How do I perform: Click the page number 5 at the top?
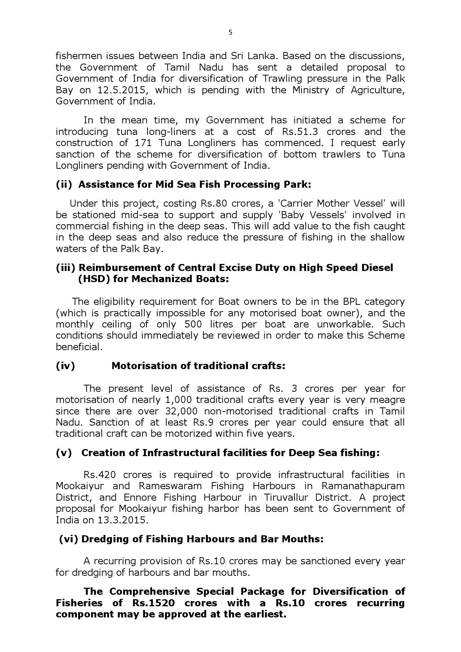pos(230,32)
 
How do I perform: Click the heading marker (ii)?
pos(64,184)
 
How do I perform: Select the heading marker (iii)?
pos(66,268)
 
